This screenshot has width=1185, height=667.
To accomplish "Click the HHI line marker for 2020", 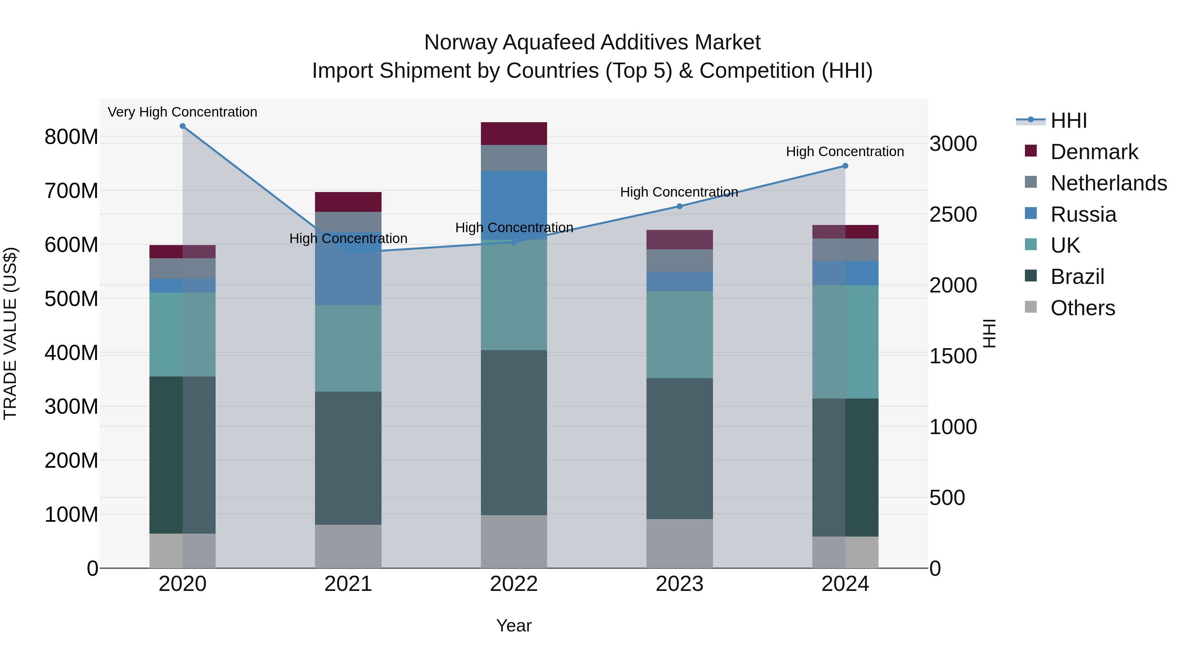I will coord(183,126).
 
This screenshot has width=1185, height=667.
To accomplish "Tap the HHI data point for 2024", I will coord(845,166).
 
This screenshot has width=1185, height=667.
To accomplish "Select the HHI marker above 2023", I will coord(679,206).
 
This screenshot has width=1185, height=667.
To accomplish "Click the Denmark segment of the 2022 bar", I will coord(514,133).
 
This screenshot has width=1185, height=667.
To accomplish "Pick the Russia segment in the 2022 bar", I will coord(514,205).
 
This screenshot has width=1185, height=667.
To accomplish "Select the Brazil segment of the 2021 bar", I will coord(348,458).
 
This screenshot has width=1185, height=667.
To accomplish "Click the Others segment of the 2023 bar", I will coord(679,543).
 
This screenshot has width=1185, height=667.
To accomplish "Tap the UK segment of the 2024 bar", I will coord(845,342).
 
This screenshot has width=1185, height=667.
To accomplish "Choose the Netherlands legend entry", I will coord(1109,183).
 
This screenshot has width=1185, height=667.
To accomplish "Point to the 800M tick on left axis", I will coord(71,137).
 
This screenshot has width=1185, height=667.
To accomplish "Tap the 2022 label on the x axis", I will coord(514,584).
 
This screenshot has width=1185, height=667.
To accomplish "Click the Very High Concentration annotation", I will coord(183,112).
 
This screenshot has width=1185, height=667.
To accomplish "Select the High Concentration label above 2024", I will coord(845,152).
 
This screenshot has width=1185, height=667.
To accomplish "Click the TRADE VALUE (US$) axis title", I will coord(10,333).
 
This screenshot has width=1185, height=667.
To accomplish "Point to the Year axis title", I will coord(514,625).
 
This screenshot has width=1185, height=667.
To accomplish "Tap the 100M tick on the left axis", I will coord(71,514).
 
